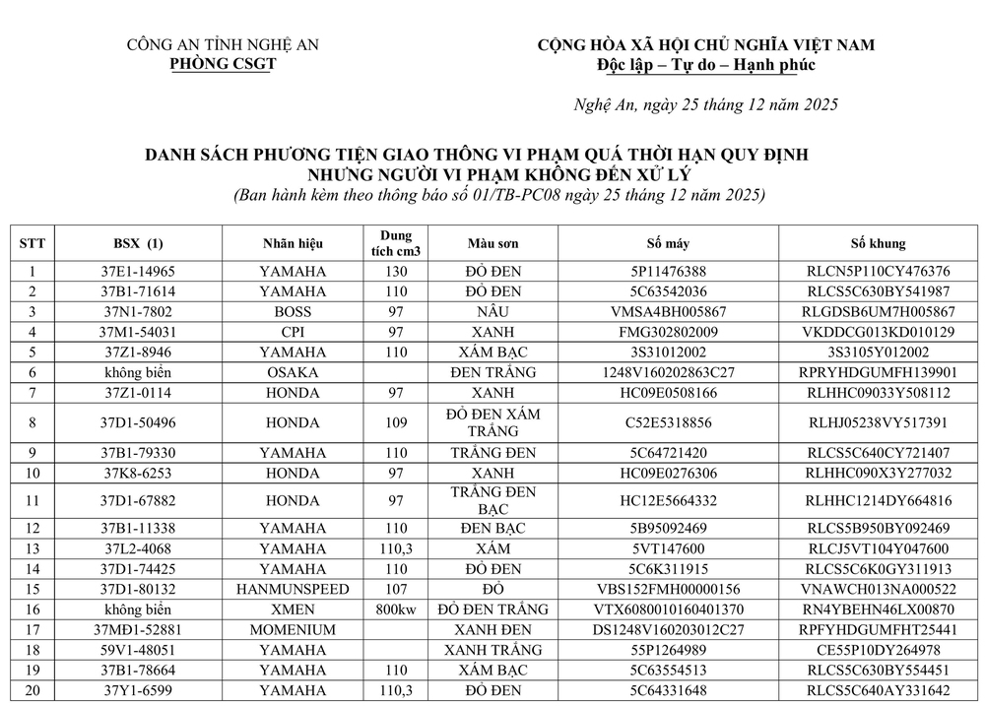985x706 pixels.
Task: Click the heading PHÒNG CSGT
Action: coord(223,64)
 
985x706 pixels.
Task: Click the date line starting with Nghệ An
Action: coord(706,105)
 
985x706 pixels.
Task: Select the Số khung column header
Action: coord(878,243)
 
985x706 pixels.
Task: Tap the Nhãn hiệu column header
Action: coord(293,243)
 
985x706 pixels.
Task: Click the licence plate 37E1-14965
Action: coord(139,271)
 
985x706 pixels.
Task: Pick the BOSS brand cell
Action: coord(293,311)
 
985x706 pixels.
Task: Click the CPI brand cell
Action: coord(293,331)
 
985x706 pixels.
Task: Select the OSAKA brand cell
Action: coord(293,372)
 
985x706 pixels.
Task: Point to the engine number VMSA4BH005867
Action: coord(669,311)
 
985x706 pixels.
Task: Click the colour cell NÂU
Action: coord(492,311)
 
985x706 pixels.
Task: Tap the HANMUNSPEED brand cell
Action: coord(293,589)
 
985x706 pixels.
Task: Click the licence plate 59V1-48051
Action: coord(139,650)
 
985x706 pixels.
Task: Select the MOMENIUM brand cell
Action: coord(293,629)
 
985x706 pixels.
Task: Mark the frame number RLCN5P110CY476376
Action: coord(878,271)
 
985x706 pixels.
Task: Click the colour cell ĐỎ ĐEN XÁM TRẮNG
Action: coord(492,422)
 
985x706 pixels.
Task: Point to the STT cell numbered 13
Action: coord(33,548)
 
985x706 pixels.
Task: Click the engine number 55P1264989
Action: coord(669,650)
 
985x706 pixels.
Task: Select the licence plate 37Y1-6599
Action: coord(139,690)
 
